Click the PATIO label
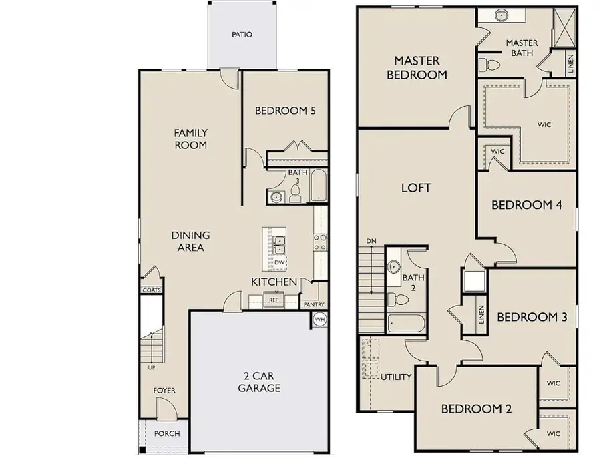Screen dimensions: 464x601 242,35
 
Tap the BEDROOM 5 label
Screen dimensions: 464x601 285,111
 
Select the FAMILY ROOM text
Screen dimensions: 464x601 190,138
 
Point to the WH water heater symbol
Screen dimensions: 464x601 319,320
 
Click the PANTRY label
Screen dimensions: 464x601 313,304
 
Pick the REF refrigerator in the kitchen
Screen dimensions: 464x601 273,300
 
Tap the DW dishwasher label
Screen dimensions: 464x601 279,262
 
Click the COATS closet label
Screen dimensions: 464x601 150,290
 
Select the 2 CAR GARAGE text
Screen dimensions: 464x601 259,381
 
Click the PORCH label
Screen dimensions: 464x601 166,433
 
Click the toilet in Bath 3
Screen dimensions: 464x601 294,194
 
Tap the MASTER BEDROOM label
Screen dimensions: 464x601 417,68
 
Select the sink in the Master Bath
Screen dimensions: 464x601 501,15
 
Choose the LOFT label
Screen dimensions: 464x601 415,188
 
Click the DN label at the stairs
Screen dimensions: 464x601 371,240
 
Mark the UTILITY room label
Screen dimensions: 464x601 396,377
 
